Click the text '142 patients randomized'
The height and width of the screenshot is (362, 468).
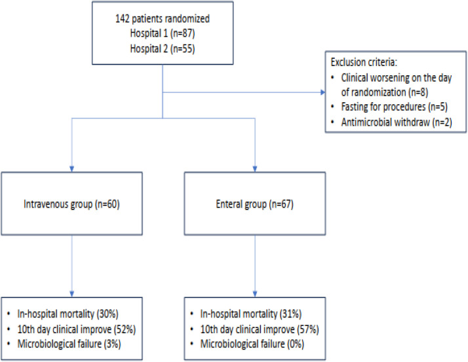click(163, 19)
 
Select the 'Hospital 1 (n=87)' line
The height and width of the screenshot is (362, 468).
click(163, 33)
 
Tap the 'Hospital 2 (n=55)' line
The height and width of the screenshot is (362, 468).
click(163, 48)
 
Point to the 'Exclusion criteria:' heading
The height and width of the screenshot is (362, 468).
click(364, 62)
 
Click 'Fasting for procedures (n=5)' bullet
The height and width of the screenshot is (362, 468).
click(395, 107)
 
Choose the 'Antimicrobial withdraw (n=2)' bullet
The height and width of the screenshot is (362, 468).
click(397, 122)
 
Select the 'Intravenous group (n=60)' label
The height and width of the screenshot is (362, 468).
click(71, 204)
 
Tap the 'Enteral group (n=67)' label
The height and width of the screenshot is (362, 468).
click(254, 204)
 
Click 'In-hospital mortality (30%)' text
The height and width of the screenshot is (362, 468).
click(68, 314)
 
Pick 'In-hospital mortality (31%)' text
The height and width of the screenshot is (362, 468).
click(250, 314)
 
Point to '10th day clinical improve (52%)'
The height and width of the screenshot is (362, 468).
click(77, 329)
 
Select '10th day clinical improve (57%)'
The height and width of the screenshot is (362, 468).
click(260, 329)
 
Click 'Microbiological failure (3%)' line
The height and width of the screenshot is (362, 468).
click(69, 344)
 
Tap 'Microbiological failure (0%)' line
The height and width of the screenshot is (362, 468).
click(252, 344)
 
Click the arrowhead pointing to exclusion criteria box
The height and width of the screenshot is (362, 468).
click(322, 92)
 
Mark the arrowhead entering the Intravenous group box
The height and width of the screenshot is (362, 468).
click(71, 169)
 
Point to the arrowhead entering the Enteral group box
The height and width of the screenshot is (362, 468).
click(255, 169)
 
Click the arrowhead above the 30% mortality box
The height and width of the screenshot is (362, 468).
click(71, 294)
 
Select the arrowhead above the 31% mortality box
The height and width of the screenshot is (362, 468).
click(255, 294)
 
